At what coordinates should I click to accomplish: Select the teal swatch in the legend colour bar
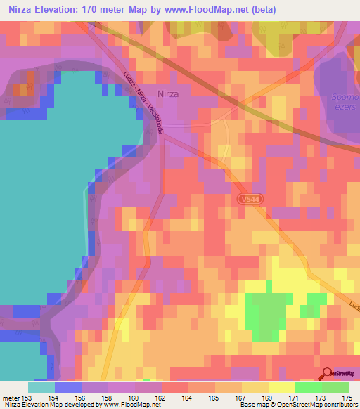point(41,387)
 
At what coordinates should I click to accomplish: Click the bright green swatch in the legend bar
point(308,387)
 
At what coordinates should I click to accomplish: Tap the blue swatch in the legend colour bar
point(67,387)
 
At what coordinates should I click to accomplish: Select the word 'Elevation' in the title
point(60,10)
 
